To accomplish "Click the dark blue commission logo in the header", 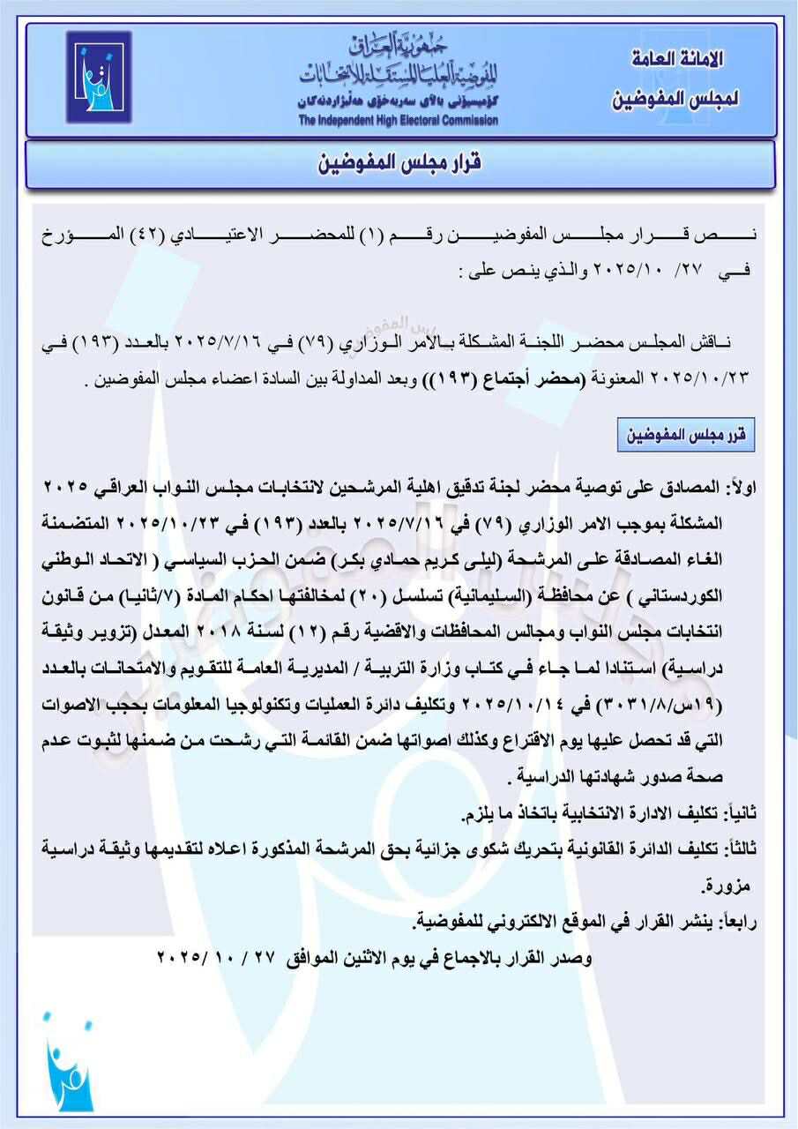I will [98, 77].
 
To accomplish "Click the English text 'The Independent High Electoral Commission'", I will [398, 121].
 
